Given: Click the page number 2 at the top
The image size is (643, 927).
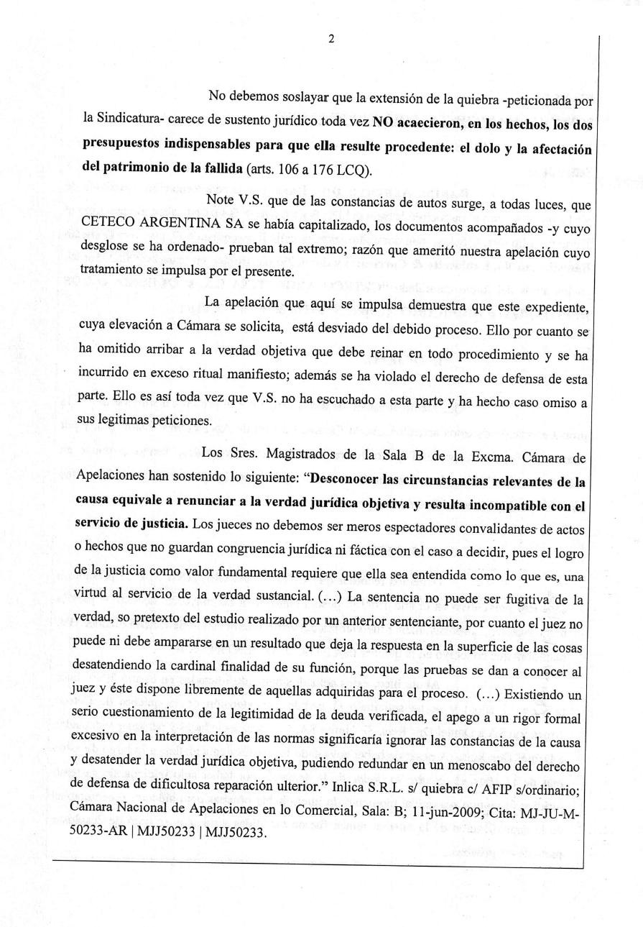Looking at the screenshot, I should pos(330,40).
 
